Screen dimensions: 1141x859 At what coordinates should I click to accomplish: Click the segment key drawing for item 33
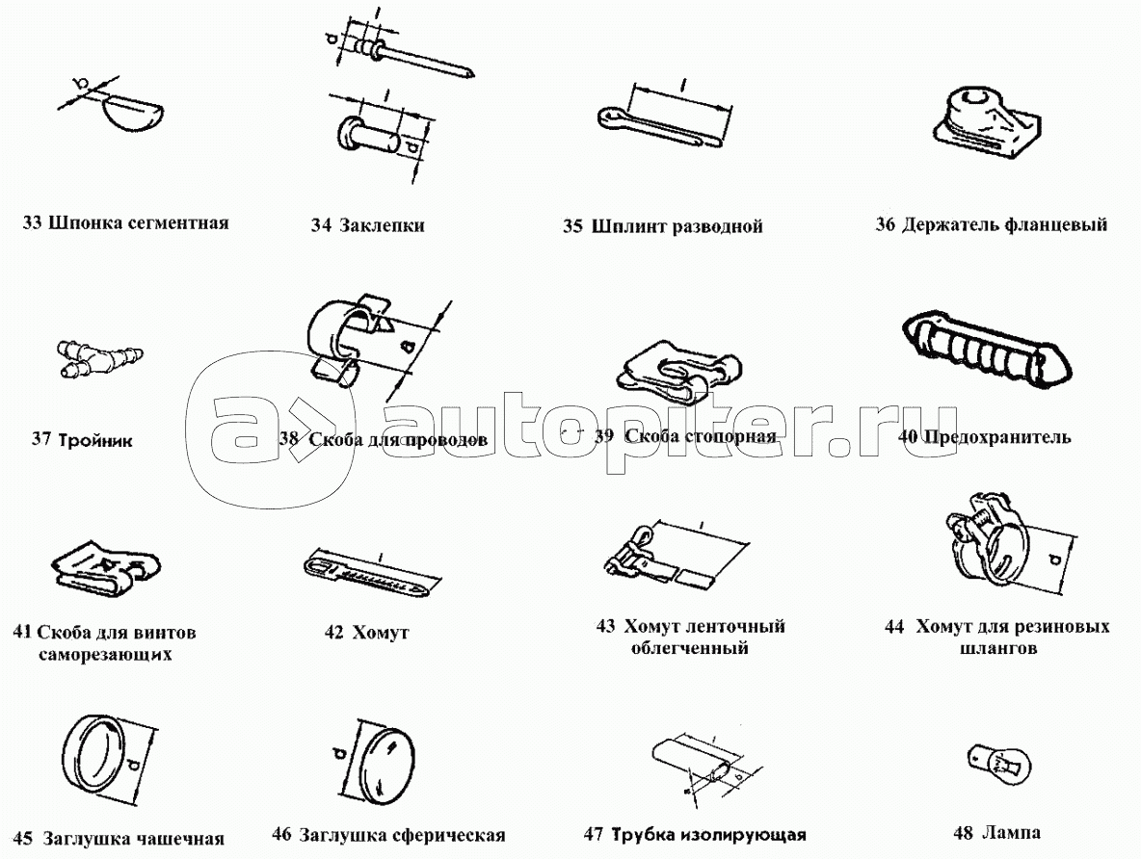click(x=135, y=113)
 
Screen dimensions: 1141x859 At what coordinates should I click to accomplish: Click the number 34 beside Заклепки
click(x=321, y=225)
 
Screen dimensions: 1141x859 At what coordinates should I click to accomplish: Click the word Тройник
click(x=95, y=439)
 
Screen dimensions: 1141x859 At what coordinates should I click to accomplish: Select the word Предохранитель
click(x=996, y=436)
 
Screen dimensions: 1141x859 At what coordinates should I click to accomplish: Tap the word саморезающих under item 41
click(x=105, y=654)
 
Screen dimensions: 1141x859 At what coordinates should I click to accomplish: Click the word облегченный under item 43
click(x=689, y=647)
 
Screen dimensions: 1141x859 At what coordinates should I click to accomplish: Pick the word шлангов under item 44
click(x=997, y=647)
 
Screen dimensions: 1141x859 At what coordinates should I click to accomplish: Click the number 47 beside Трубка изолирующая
click(x=594, y=834)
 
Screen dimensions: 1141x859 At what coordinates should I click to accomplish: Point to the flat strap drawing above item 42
click(x=372, y=575)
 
